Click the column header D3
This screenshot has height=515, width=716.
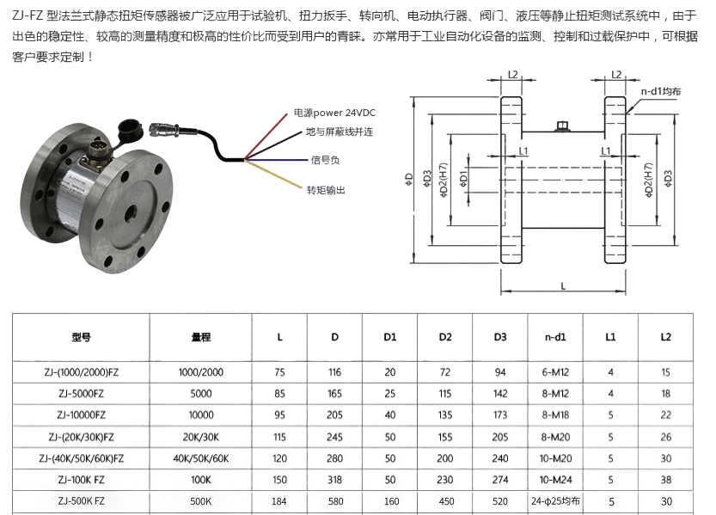(x=500, y=337)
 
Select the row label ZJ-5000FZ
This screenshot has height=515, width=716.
(x=81, y=393)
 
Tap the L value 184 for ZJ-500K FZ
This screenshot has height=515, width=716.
(x=279, y=500)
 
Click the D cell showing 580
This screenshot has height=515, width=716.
(x=334, y=500)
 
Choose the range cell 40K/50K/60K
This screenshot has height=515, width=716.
(x=201, y=457)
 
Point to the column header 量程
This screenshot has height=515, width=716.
(x=201, y=337)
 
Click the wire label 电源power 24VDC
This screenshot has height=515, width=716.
(x=334, y=113)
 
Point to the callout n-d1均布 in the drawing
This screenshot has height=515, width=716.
(x=661, y=91)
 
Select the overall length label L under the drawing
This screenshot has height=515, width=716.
(x=562, y=286)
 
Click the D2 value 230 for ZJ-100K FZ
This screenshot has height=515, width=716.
(x=444, y=479)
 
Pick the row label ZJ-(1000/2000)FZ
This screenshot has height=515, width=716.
(x=81, y=371)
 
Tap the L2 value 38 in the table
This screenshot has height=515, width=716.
(x=665, y=479)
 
